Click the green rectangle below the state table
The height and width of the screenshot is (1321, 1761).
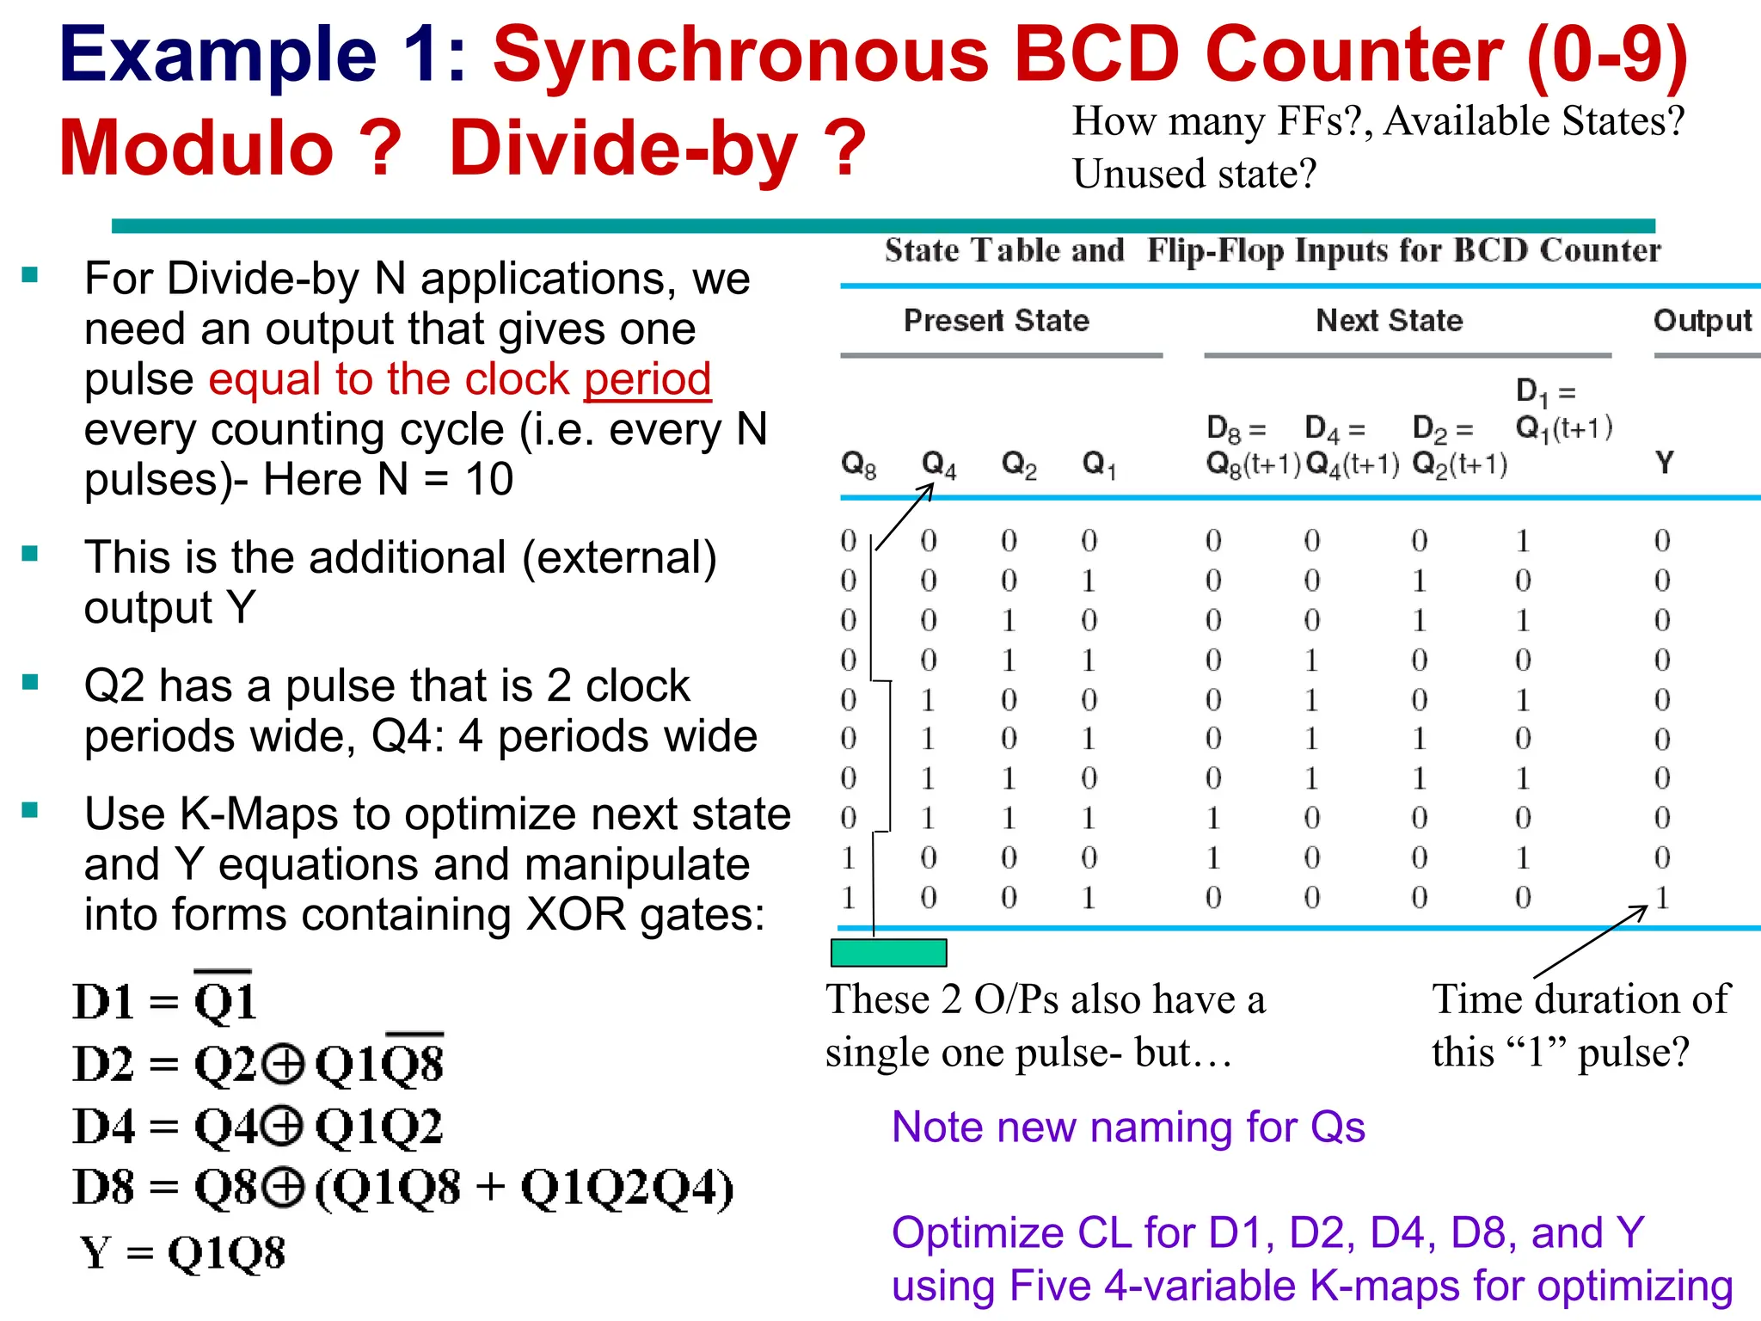click(x=888, y=953)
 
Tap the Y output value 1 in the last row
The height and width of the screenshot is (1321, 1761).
click(x=1662, y=898)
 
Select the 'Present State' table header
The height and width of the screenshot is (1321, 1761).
click(x=996, y=321)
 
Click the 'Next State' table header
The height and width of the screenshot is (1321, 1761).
click(x=1389, y=321)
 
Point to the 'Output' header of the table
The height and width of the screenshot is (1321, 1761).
click(x=1702, y=321)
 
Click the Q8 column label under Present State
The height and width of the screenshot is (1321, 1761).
click(x=857, y=465)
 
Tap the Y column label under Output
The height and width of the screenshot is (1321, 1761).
click(x=1665, y=464)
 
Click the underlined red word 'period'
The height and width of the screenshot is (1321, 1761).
click(x=647, y=379)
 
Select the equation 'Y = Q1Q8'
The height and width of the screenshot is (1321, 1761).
click(x=182, y=1253)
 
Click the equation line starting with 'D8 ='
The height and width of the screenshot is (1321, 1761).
click(x=402, y=1188)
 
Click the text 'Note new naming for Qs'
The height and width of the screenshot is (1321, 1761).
click(x=1127, y=1127)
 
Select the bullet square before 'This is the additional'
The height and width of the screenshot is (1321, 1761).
click(x=31, y=554)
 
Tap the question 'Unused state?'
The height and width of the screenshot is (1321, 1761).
click(x=1193, y=174)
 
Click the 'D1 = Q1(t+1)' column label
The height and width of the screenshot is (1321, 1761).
click(x=1562, y=410)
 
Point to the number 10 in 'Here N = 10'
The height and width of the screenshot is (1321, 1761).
click(x=488, y=479)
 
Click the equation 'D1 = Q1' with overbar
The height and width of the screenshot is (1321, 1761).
click(x=164, y=1000)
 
